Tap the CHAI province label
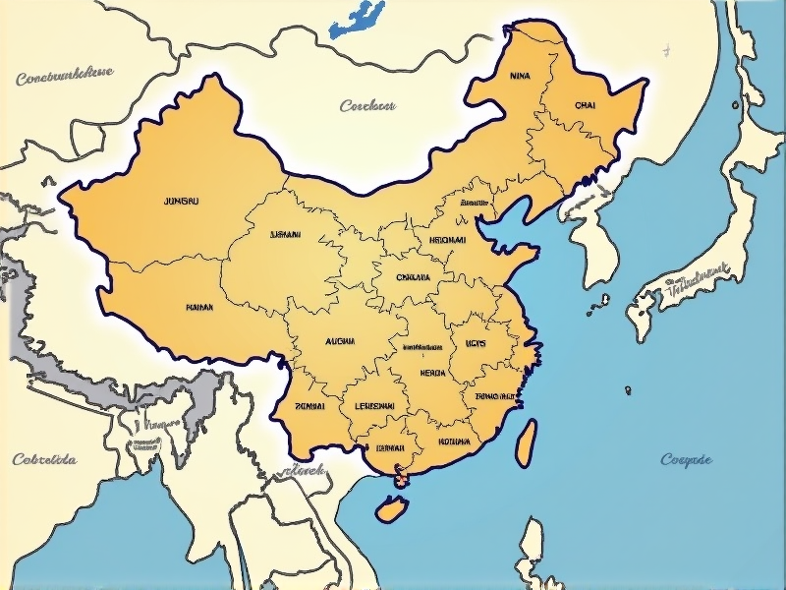[x=585, y=104]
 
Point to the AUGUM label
[x=339, y=341]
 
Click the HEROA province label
[x=432, y=373]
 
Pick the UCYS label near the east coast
[x=477, y=343]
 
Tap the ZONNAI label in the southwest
[x=310, y=405]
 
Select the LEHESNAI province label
[x=374, y=405]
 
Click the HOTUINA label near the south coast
[x=454, y=442]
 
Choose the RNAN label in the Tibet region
[x=199, y=307]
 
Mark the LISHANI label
[x=285, y=235]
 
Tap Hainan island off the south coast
[x=391, y=508]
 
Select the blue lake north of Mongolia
[x=356, y=20]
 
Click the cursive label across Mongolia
[x=367, y=105]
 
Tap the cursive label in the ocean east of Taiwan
[x=686, y=459]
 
